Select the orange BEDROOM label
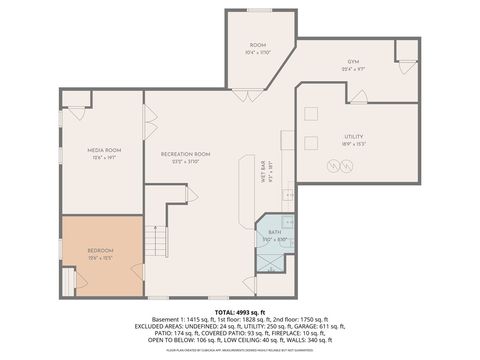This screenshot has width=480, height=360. point(100,249)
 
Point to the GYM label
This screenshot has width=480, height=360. point(353,61)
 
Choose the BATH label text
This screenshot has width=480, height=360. point(274,232)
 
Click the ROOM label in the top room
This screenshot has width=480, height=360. point(257,45)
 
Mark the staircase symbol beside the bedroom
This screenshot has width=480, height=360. point(154,241)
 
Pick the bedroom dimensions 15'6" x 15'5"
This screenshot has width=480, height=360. point(100,258)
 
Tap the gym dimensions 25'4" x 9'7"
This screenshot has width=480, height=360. point(353,69)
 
